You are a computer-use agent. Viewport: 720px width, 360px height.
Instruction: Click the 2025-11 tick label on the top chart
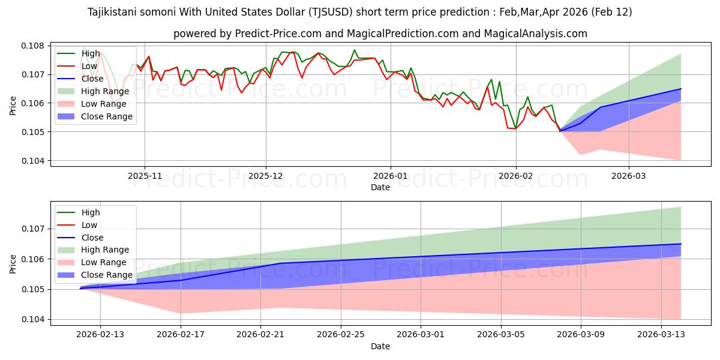coord(144,176)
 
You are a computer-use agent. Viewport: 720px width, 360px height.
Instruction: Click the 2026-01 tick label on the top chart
coord(391,176)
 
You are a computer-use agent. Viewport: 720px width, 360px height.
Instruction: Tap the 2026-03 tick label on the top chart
coord(629,176)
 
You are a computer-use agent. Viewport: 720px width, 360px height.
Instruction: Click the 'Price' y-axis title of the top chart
coord(13,105)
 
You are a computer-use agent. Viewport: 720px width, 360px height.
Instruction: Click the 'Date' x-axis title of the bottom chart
coord(380,346)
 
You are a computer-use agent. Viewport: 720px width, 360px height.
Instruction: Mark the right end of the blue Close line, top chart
coord(681,89)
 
